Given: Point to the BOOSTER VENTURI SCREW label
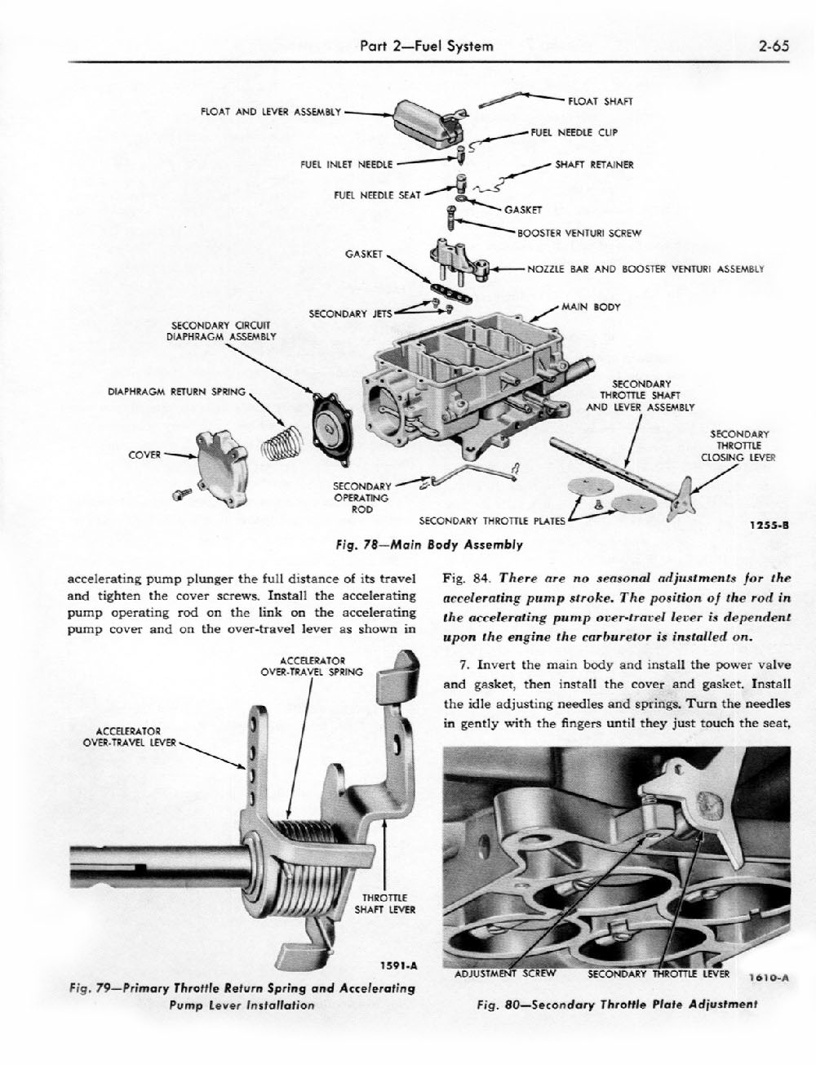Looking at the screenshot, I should [x=579, y=233].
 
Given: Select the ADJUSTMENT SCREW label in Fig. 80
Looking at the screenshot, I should [x=504, y=973].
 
